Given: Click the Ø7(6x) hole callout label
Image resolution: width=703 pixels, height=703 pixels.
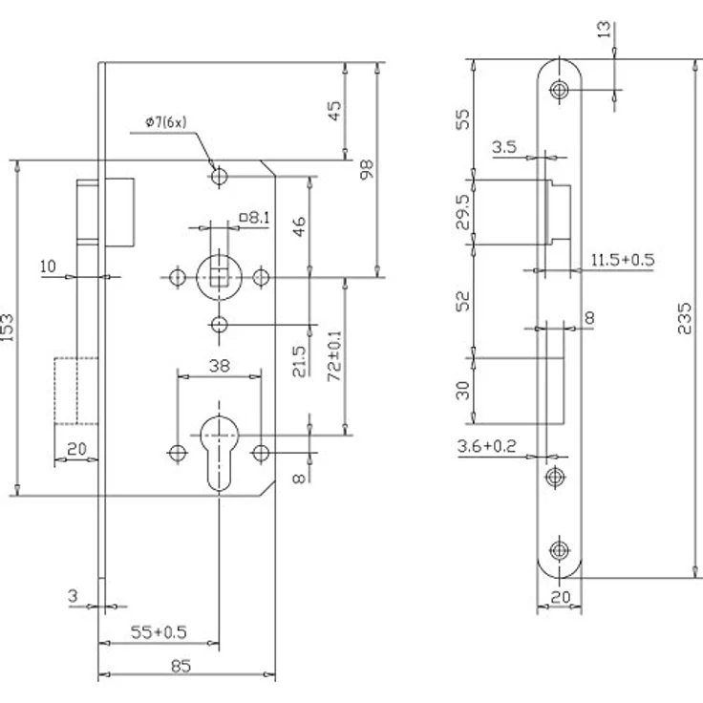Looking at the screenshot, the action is (165, 122).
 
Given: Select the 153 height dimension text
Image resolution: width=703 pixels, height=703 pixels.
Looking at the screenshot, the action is (8, 328).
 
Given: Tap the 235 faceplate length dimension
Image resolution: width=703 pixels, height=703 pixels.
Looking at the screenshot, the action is (684, 318).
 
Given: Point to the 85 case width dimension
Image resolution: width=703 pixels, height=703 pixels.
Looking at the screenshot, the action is (181, 666).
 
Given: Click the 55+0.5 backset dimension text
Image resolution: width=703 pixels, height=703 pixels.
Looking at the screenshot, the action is (159, 632).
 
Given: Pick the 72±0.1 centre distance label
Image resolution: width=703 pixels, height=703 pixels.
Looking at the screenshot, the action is (334, 356).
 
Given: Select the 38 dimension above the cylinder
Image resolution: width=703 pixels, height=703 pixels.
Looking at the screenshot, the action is (220, 366).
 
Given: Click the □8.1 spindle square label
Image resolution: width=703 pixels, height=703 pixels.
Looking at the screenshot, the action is (255, 218).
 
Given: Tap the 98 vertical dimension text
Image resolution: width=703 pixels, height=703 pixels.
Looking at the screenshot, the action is (367, 169).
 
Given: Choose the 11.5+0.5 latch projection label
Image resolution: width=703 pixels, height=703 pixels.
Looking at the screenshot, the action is (623, 260).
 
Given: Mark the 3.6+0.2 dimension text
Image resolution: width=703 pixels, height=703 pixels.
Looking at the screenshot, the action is (486, 446).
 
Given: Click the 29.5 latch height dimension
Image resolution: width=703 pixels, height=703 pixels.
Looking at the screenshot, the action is (463, 212).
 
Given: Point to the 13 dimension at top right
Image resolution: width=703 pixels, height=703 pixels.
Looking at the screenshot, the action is (604, 30).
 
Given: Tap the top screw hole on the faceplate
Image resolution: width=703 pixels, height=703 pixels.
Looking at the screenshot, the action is (559, 90).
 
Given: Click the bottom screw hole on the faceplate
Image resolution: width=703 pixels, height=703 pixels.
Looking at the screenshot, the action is (559, 550).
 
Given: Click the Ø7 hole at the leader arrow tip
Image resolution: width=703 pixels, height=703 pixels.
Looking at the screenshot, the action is (220, 176).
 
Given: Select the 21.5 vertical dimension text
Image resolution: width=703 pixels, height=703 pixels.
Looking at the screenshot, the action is (299, 361).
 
